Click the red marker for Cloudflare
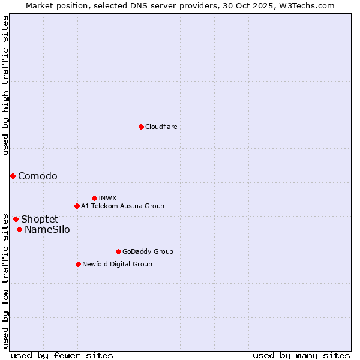point(141,127)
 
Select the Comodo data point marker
point(13,176)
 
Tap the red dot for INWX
point(94,198)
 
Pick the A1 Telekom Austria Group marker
point(77,206)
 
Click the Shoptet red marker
point(16,219)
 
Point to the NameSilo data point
point(19,229)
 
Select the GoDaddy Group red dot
point(118,251)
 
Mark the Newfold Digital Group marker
point(78,264)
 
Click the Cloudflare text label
point(161,127)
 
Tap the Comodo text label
point(38,176)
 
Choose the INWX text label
point(107,198)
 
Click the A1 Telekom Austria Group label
point(122,206)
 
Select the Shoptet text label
point(40,219)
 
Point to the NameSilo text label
point(47,229)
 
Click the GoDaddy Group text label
point(148,251)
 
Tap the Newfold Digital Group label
point(117,264)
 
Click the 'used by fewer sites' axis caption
point(62,355)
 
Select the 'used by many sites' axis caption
point(301,355)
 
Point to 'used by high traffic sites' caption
point(5,86)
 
